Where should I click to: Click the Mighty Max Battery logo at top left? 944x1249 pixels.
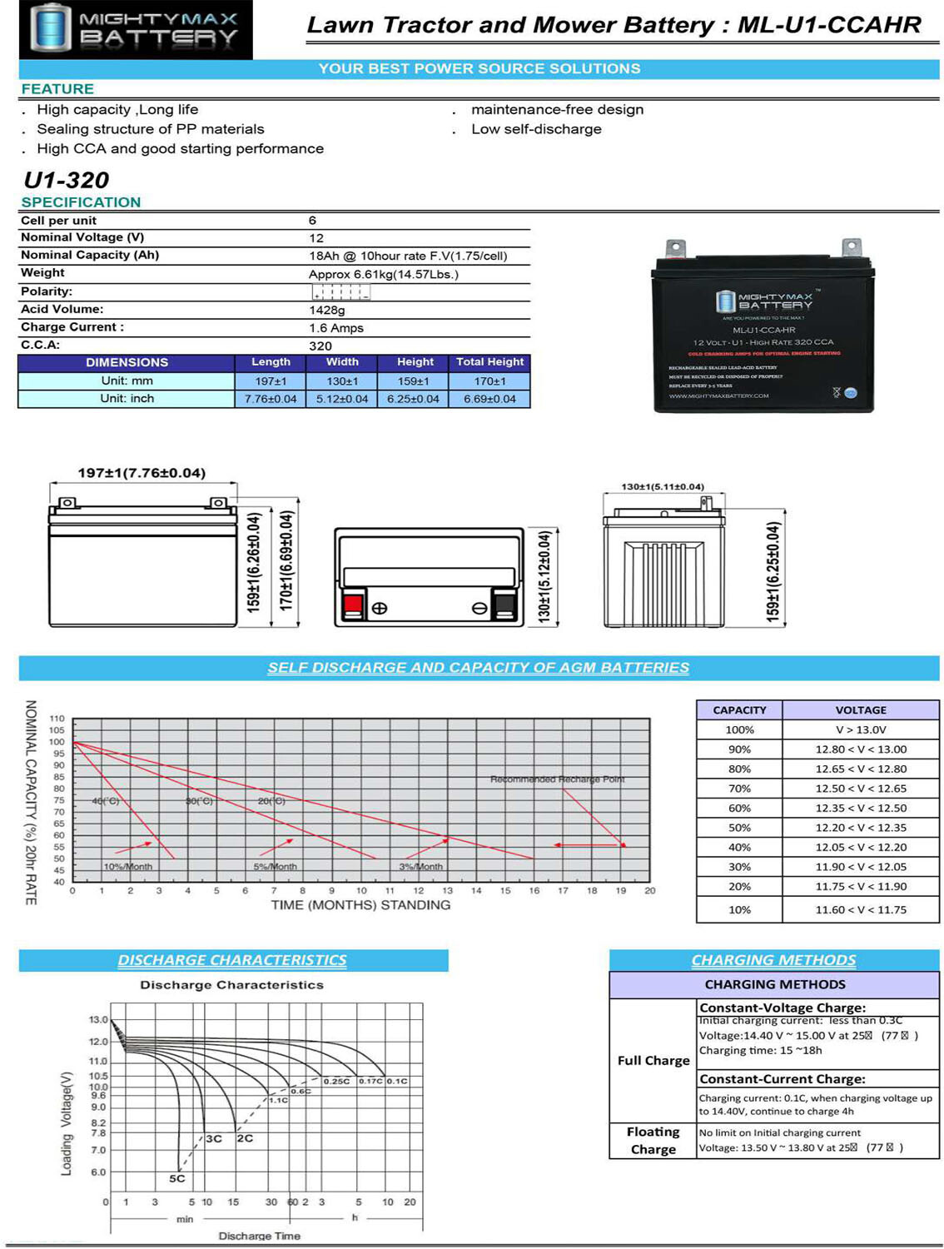(x=136, y=29)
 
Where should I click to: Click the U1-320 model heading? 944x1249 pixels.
(x=67, y=180)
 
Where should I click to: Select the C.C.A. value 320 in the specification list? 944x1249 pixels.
(x=320, y=346)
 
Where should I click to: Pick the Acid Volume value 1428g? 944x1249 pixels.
(x=327, y=310)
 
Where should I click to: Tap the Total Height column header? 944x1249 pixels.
(x=489, y=362)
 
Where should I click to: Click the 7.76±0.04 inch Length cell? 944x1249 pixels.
(x=271, y=399)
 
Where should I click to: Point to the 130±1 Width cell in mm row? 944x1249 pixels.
(x=342, y=381)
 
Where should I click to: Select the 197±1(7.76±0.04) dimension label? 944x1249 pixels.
(x=142, y=473)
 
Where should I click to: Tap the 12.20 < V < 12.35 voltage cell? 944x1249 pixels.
(x=861, y=828)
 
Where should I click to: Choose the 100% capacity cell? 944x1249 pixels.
(x=739, y=729)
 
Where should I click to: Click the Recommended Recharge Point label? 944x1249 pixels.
(x=557, y=779)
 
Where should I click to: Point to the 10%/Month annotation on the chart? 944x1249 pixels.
(x=127, y=867)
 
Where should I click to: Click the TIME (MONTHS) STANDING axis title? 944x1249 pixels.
(x=360, y=905)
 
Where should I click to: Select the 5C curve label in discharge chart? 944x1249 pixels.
(x=177, y=1178)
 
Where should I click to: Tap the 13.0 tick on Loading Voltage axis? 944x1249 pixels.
(x=98, y=1020)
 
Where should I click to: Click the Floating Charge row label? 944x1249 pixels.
(x=653, y=1141)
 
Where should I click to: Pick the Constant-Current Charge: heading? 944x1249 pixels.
(x=783, y=1079)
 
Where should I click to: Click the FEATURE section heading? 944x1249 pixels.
(x=57, y=89)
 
